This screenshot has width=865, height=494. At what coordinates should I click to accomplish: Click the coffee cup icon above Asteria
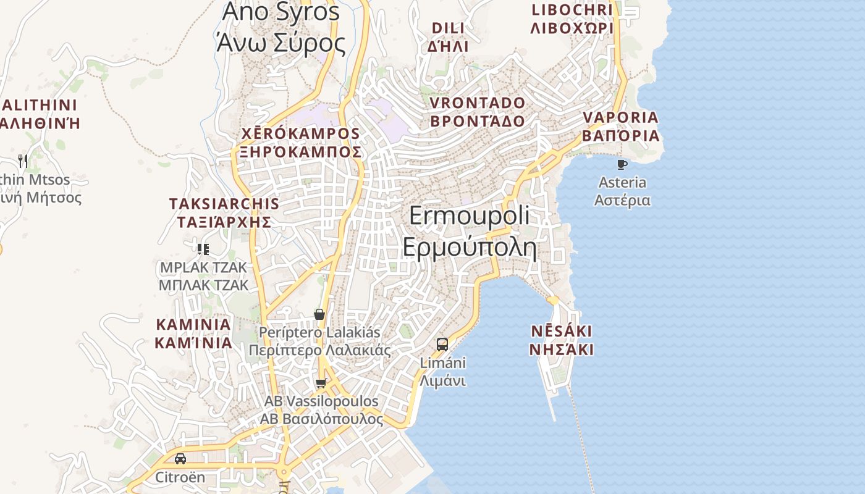click(x=622, y=164)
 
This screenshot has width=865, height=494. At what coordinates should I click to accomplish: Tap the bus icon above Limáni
click(x=442, y=345)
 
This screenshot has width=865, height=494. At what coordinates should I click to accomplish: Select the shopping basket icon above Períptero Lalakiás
click(x=319, y=314)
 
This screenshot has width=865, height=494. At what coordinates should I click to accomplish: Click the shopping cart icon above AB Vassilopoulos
click(x=321, y=383)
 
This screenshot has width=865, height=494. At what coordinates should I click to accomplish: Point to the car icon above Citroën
click(x=180, y=459)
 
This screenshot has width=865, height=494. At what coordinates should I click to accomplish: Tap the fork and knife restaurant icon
click(x=23, y=161)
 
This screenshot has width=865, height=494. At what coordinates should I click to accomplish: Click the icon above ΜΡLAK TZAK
click(x=203, y=249)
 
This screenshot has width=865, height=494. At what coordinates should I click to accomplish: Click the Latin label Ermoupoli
click(x=470, y=216)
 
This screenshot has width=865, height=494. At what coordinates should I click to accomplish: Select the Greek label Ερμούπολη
click(x=470, y=246)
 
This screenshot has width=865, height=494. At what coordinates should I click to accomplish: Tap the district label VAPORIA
click(x=621, y=117)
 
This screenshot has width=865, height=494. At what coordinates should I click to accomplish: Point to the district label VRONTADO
click(x=477, y=103)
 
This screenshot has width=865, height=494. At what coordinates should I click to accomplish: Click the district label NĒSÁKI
click(x=562, y=331)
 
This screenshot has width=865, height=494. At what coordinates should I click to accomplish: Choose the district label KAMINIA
click(x=193, y=324)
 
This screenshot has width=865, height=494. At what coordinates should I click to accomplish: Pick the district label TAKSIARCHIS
click(x=224, y=203)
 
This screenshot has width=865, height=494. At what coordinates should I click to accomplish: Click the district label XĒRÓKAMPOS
click(x=300, y=133)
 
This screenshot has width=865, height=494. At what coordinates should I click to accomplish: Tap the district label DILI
click(x=448, y=28)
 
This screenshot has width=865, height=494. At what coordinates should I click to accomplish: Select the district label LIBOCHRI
click(x=572, y=10)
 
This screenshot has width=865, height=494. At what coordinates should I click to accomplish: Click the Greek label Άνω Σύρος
click(x=281, y=43)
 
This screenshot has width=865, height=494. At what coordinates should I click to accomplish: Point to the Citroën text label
click(x=180, y=477)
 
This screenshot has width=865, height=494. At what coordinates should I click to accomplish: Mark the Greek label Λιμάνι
click(x=442, y=381)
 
